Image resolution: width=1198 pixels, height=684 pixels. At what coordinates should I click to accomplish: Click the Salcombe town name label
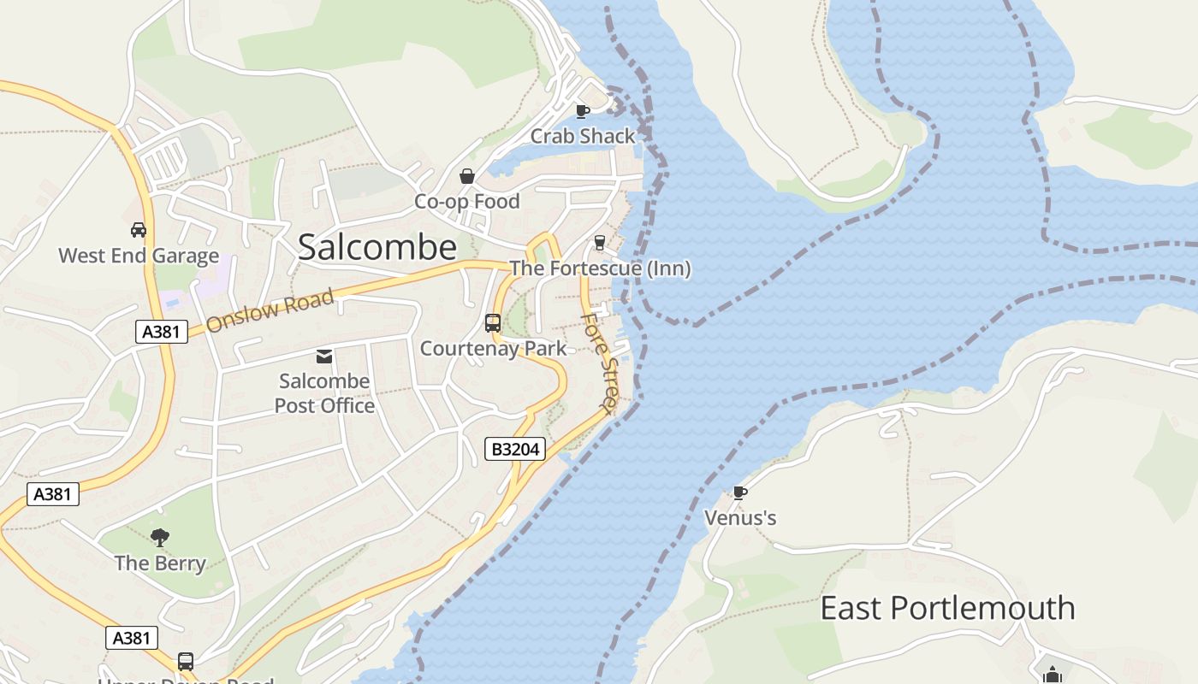point(377,247)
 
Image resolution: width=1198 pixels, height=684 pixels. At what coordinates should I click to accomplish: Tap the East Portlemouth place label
point(947,608)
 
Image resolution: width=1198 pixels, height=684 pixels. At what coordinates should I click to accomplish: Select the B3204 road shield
point(515,449)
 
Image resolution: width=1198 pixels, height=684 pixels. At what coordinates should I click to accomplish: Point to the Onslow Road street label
point(270,311)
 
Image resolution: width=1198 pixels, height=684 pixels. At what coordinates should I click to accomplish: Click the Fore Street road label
point(600,363)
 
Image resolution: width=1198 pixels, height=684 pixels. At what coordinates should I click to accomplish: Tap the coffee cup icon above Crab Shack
point(583,111)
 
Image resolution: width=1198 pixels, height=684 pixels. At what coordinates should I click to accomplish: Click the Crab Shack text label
point(583,136)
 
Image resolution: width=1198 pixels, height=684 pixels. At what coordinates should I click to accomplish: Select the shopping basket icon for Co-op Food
point(467,176)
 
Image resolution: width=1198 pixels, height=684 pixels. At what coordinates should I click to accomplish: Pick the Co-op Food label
point(467,202)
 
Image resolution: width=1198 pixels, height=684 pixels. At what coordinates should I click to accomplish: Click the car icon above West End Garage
point(139,230)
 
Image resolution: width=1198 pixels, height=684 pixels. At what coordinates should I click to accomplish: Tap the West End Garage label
point(139,256)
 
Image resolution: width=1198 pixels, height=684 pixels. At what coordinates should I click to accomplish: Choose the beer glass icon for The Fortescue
point(600,243)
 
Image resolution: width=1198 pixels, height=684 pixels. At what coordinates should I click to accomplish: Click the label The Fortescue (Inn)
point(600,268)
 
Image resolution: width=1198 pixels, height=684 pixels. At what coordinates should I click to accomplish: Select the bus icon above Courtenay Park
point(493,322)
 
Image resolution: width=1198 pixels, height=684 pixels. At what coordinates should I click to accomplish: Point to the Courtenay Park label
point(493,349)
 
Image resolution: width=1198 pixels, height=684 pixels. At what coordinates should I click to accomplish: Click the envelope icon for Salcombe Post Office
point(324,356)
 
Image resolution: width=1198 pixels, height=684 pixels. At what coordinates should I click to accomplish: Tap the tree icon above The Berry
point(160,537)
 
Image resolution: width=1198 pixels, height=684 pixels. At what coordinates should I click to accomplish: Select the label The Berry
point(160,563)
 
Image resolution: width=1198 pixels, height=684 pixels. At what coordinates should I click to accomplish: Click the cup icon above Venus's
point(740,492)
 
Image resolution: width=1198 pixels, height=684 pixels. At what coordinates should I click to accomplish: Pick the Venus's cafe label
point(740,518)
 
